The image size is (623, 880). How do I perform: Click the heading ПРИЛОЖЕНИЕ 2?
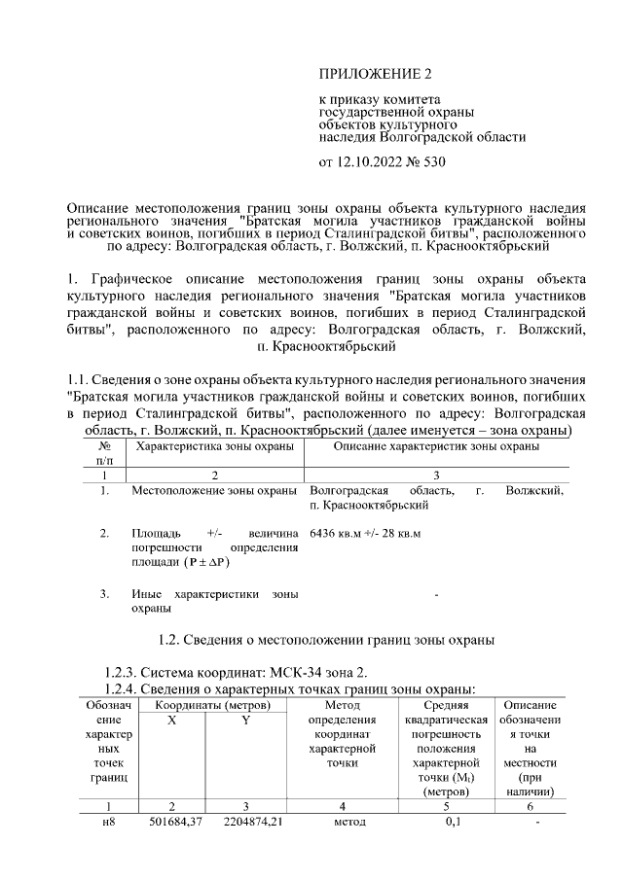click(x=375, y=74)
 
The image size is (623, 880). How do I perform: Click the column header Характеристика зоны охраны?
click(x=215, y=445)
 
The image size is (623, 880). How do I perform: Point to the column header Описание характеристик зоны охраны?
click(x=437, y=445)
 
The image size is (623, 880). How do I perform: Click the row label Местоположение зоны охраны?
click(x=214, y=491)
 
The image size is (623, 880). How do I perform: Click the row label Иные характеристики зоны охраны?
click(x=214, y=600)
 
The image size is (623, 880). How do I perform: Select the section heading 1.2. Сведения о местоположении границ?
click(x=326, y=640)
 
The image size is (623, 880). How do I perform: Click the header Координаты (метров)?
click(x=214, y=705)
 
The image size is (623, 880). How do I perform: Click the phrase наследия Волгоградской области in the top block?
click(x=422, y=137)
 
